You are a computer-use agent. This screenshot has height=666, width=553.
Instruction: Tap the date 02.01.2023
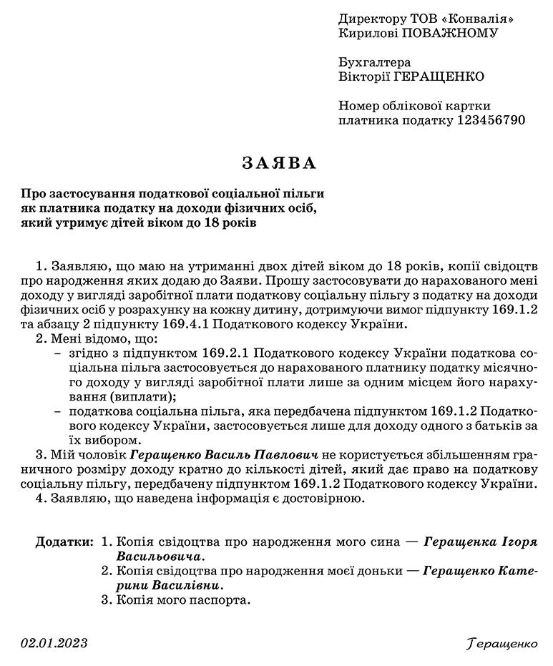point(54,643)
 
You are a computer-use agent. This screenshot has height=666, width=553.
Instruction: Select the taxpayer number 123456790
point(491,119)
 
